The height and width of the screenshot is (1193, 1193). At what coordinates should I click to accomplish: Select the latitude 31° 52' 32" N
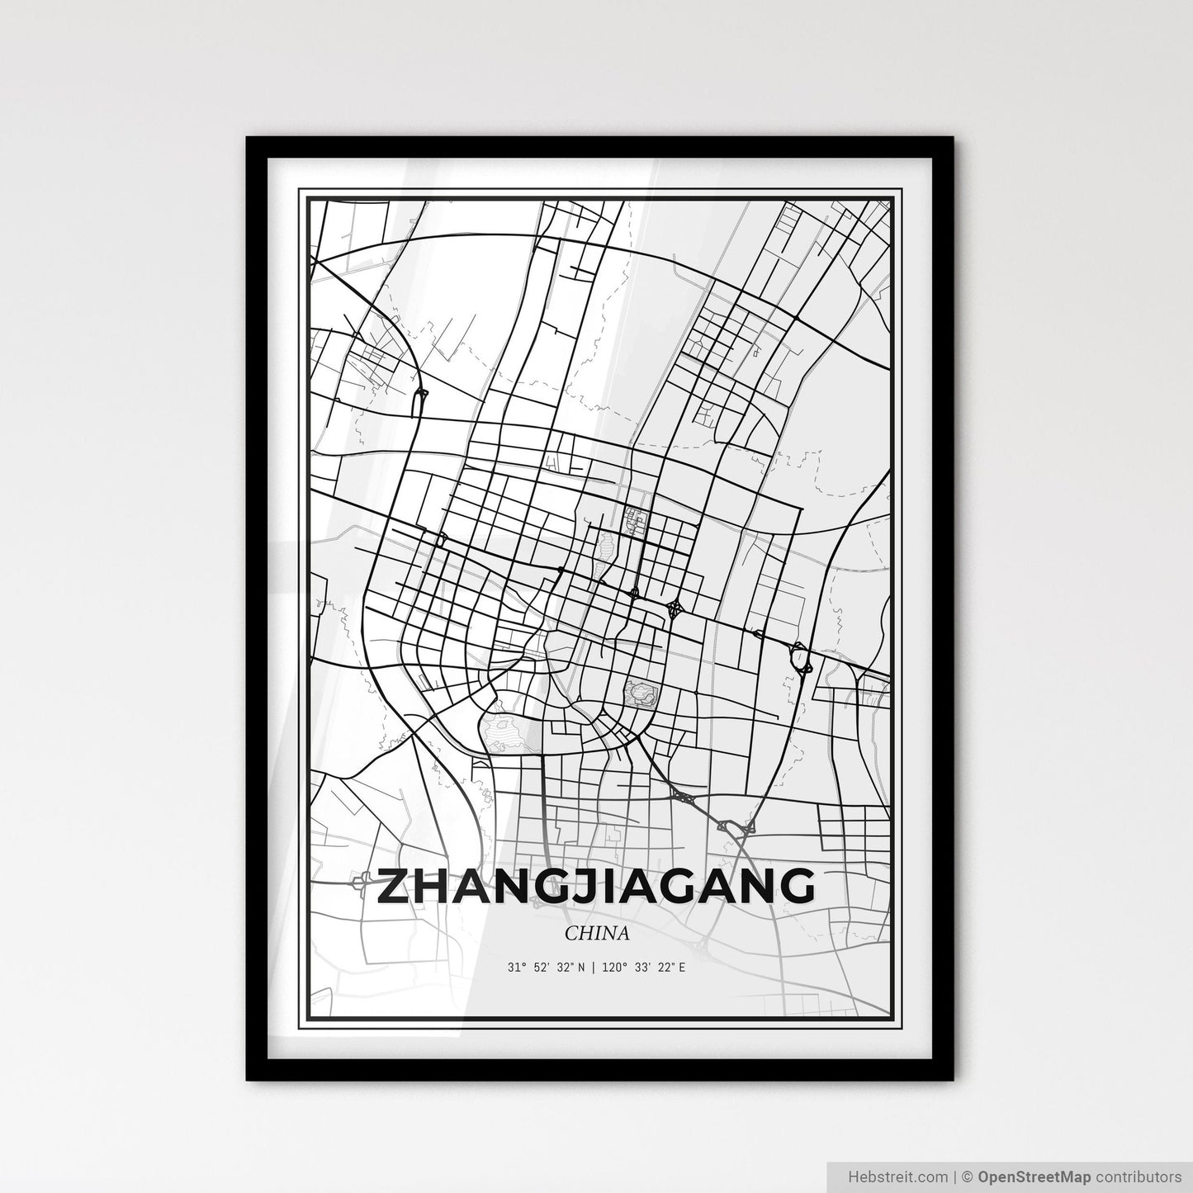(x=547, y=967)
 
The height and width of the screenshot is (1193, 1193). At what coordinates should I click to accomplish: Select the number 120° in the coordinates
(x=612, y=967)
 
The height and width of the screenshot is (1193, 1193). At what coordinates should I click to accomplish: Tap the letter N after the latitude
(x=582, y=967)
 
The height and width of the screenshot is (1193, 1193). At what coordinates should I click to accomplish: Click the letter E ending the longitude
(x=681, y=967)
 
